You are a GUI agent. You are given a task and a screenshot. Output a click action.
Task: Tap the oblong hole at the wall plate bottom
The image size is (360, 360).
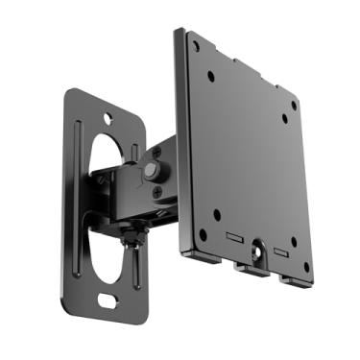tap(108, 300)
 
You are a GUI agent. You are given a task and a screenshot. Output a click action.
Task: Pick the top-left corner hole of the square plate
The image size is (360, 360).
tap(197, 44)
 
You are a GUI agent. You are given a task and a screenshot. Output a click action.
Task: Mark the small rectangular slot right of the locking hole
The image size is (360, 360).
tap(279, 252)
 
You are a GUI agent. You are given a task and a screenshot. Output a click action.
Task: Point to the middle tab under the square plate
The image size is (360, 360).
tap(252, 270)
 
